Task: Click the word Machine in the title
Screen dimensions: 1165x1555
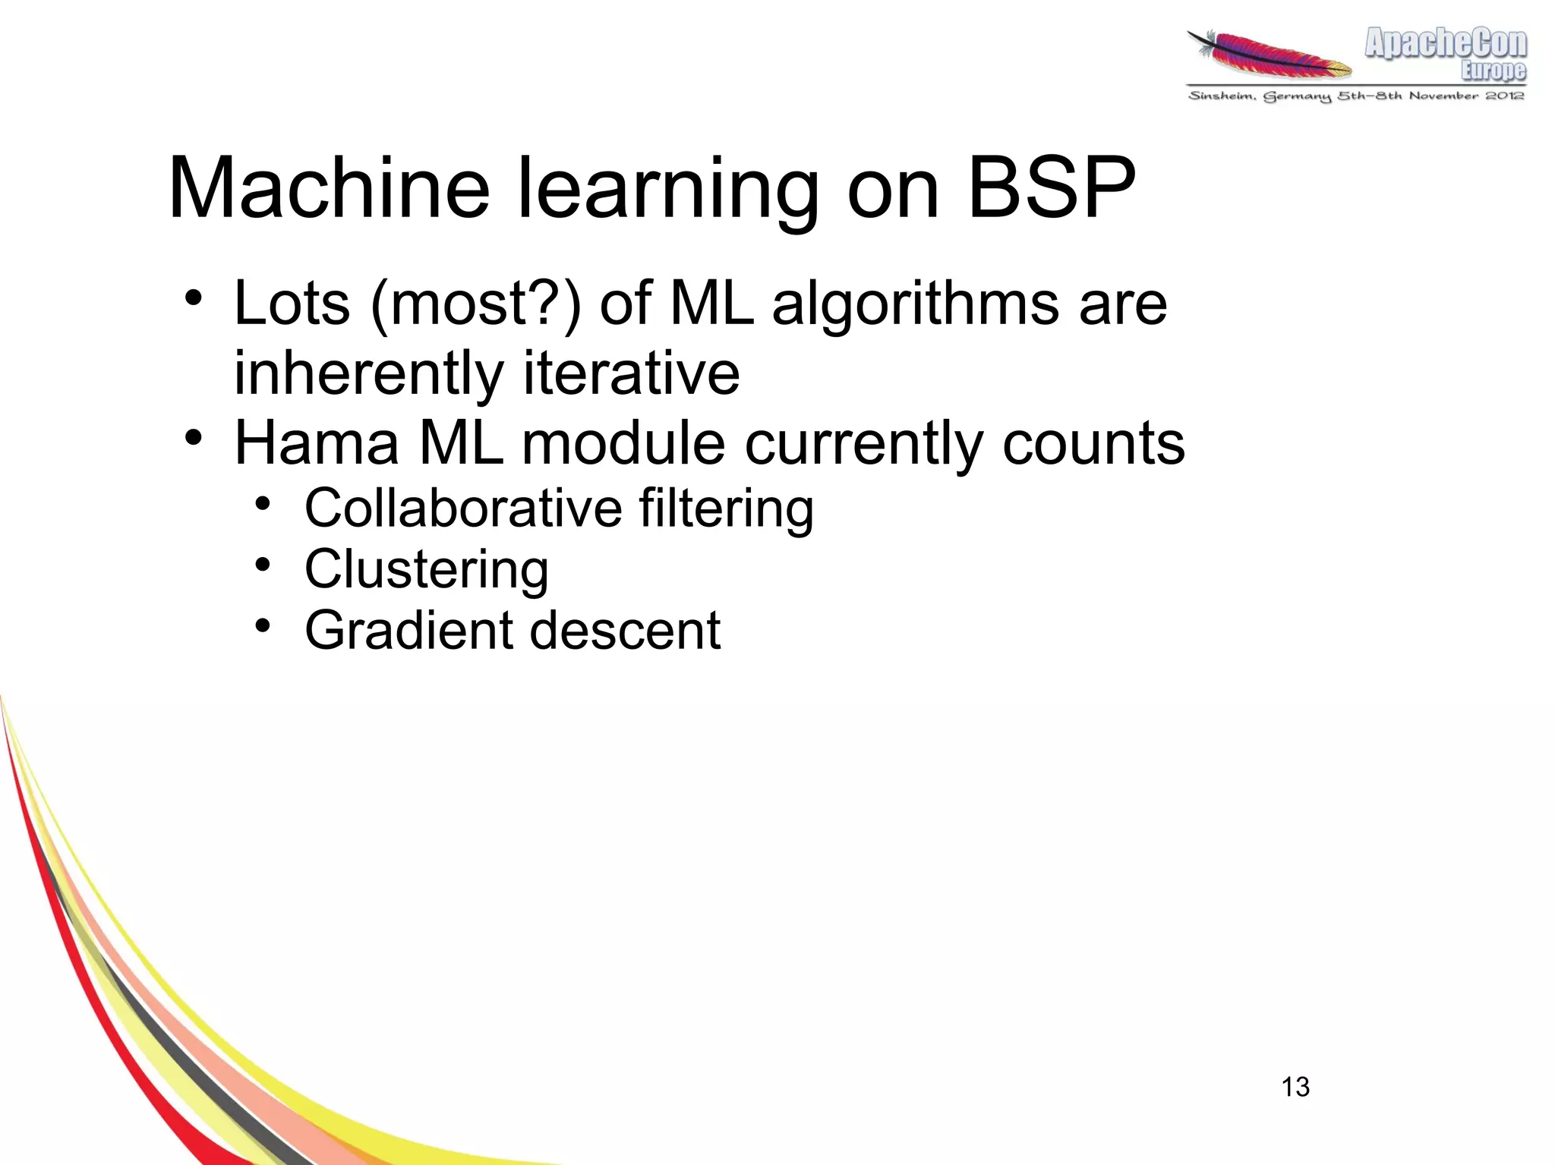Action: point(329,188)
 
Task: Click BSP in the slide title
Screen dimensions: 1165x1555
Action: point(1052,188)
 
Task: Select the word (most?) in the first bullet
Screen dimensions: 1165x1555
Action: point(475,304)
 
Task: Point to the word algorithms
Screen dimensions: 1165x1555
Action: point(915,304)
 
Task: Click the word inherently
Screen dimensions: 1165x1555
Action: point(368,373)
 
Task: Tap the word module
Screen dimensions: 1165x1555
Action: point(623,443)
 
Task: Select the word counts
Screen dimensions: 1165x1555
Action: point(1093,443)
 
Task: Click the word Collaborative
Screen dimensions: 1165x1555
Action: point(463,508)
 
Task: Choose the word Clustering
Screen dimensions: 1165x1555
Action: point(426,570)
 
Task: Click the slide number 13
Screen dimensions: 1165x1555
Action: point(1295,1087)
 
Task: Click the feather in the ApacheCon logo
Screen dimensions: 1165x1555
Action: point(1269,55)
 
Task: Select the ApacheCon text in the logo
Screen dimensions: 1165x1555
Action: point(1446,44)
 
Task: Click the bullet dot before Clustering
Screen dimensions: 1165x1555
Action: point(263,565)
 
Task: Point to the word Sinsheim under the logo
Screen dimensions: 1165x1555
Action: point(1221,96)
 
